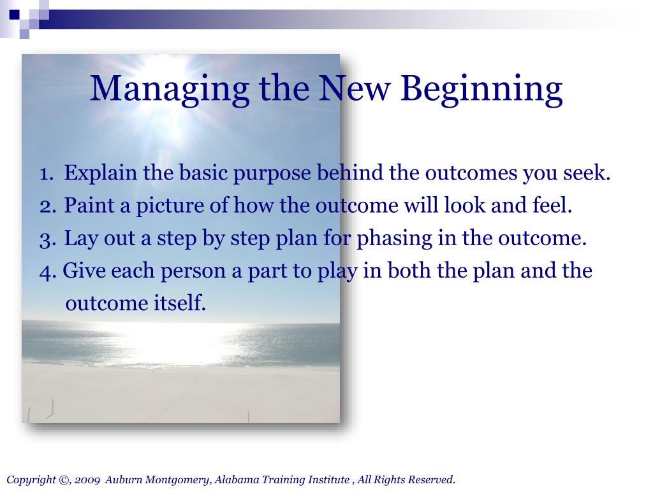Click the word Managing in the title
tap(170, 89)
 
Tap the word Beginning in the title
tap(481, 89)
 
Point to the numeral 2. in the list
tap(48, 206)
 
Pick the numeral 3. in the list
tap(48, 239)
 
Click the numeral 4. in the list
tap(48, 271)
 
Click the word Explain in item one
tap(100, 173)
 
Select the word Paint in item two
tap(89, 206)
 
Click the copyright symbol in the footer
tap(65, 480)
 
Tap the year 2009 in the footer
tap(87, 480)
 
